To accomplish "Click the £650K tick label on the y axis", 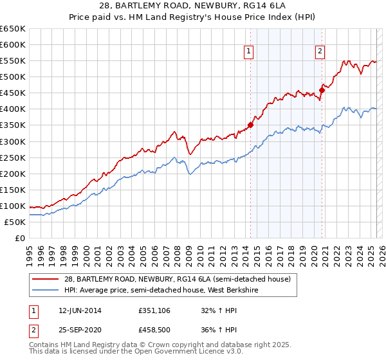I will [x=13, y=29].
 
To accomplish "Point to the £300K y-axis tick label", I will [x=13, y=141].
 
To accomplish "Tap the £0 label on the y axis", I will [x=20, y=238].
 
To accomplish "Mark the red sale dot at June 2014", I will [x=250, y=125].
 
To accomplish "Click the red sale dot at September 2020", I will [x=322, y=90].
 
